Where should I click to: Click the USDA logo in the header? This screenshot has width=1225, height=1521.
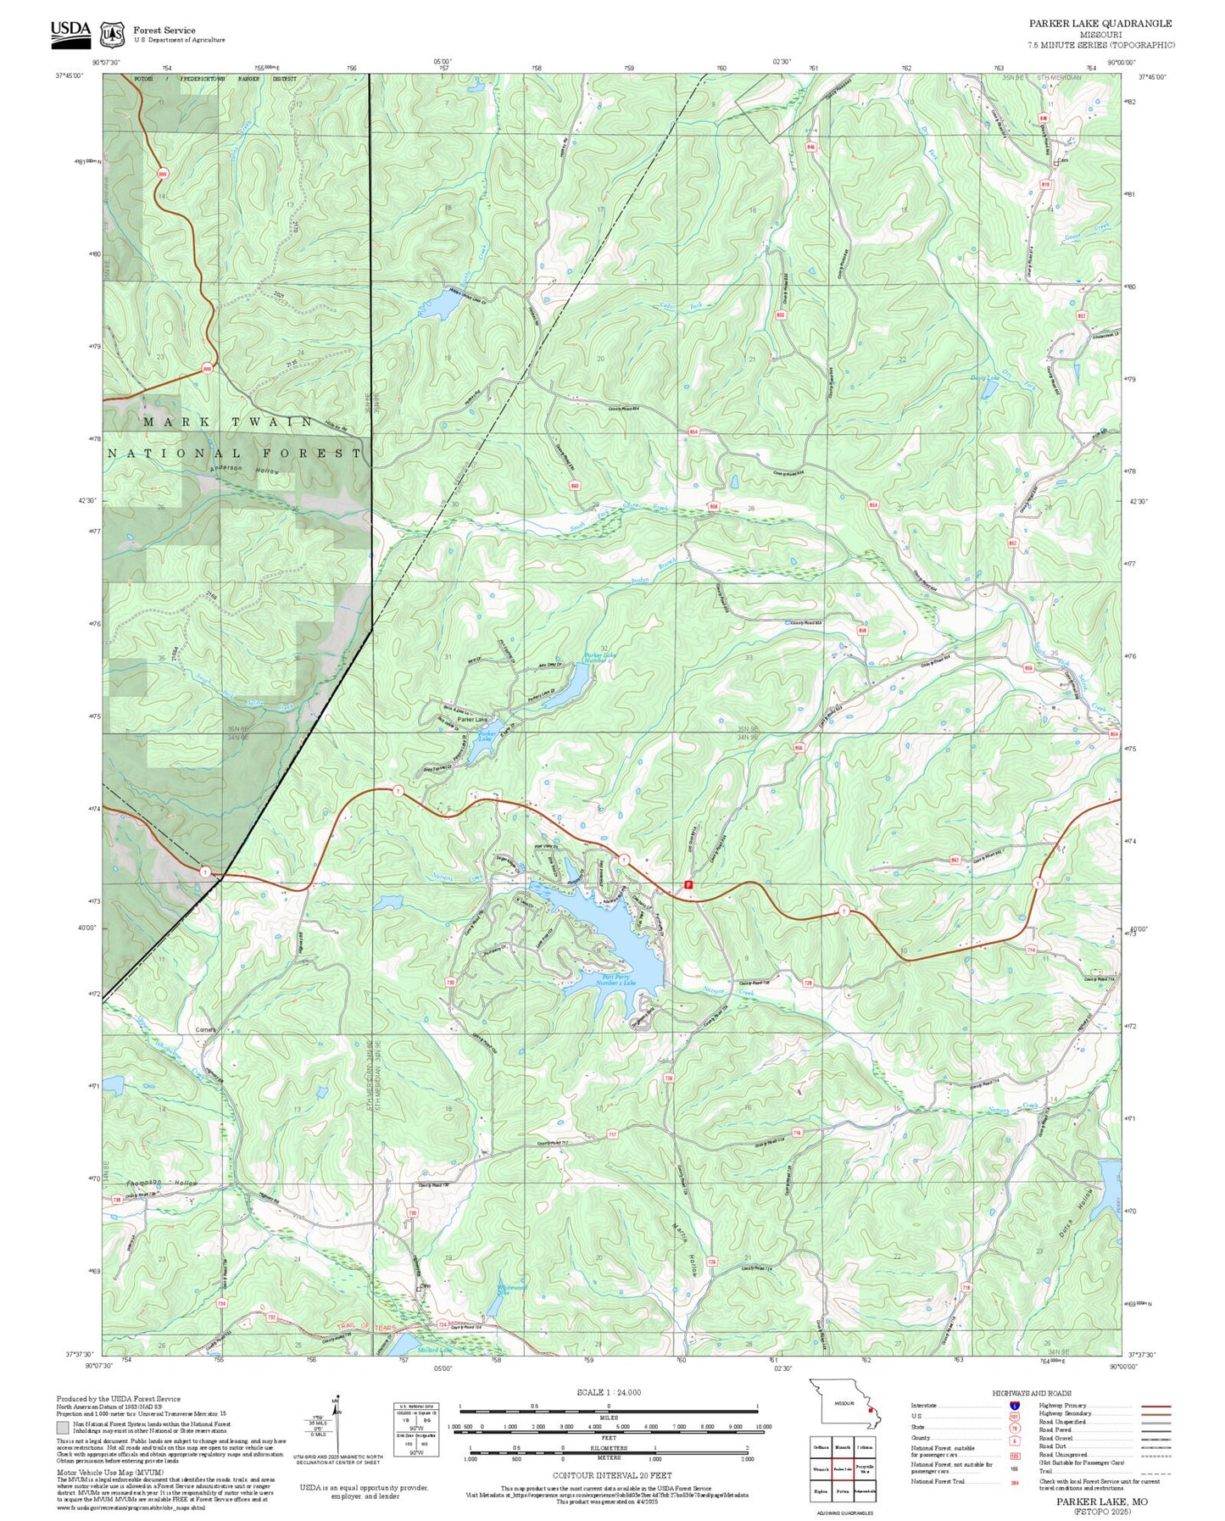[x=70, y=31]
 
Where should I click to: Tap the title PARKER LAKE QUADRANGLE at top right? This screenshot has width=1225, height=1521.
[x=1100, y=24]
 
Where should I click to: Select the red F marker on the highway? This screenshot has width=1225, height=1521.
[x=688, y=884]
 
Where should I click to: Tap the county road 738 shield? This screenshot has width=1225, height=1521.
[x=116, y=1200]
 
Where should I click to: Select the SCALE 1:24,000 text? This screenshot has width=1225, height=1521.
[x=608, y=1392]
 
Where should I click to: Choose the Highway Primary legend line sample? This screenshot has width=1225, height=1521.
[x=1155, y=1406]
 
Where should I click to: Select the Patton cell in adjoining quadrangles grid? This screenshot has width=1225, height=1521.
[x=842, y=1490]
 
